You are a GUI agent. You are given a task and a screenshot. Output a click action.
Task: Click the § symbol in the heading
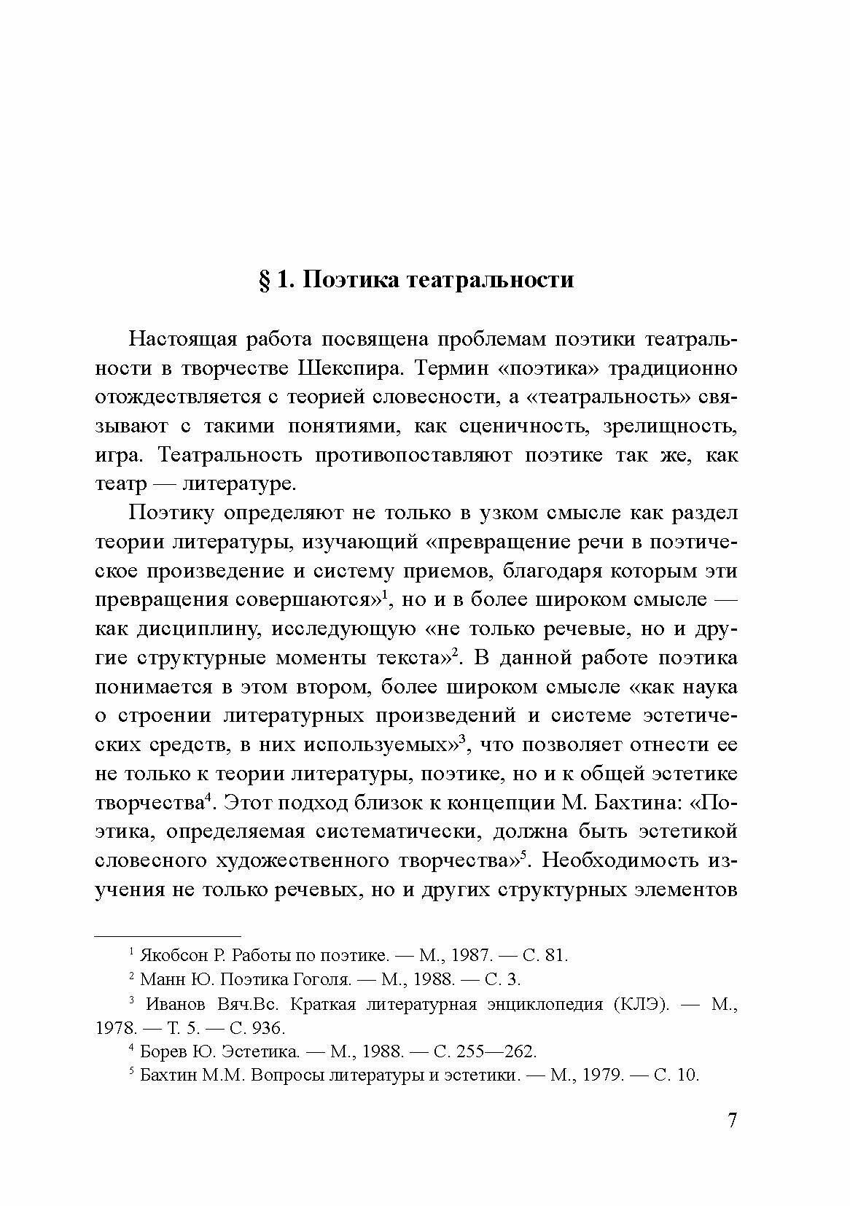(x=265, y=281)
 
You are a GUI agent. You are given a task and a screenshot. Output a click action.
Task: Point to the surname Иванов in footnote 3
(x=176, y=1004)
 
